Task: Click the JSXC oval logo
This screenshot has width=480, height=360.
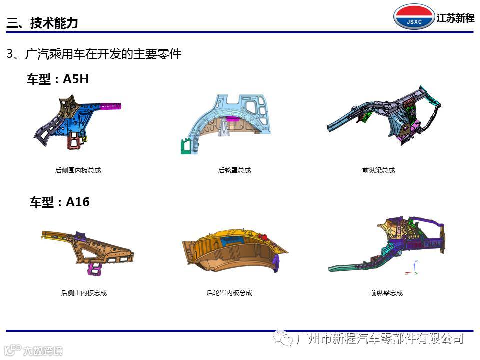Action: pyautogui.click(x=414, y=17)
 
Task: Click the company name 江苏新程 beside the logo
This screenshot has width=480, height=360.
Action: pyautogui.click(x=455, y=18)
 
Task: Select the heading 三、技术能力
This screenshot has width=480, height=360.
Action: pyautogui.click(x=42, y=23)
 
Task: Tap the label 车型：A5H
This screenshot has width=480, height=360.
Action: pyautogui.click(x=57, y=79)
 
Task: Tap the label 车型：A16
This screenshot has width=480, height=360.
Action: pyautogui.click(x=60, y=202)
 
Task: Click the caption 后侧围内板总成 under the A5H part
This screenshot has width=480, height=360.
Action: pyautogui.click(x=78, y=170)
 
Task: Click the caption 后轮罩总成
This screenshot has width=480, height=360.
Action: pyautogui.click(x=234, y=170)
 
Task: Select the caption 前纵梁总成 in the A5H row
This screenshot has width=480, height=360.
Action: pyautogui.click(x=378, y=170)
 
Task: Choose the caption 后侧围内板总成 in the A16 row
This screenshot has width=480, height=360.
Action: pyautogui.click(x=84, y=293)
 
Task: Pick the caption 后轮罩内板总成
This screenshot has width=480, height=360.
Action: pyautogui.click(x=229, y=293)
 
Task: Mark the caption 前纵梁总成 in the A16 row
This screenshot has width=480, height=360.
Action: pyautogui.click(x=386, y=293)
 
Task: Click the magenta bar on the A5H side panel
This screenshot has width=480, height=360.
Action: pyautogui.click(x=110, y=106)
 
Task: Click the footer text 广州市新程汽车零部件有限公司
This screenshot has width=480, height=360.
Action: pyautogui.click(x=380, y=339)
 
